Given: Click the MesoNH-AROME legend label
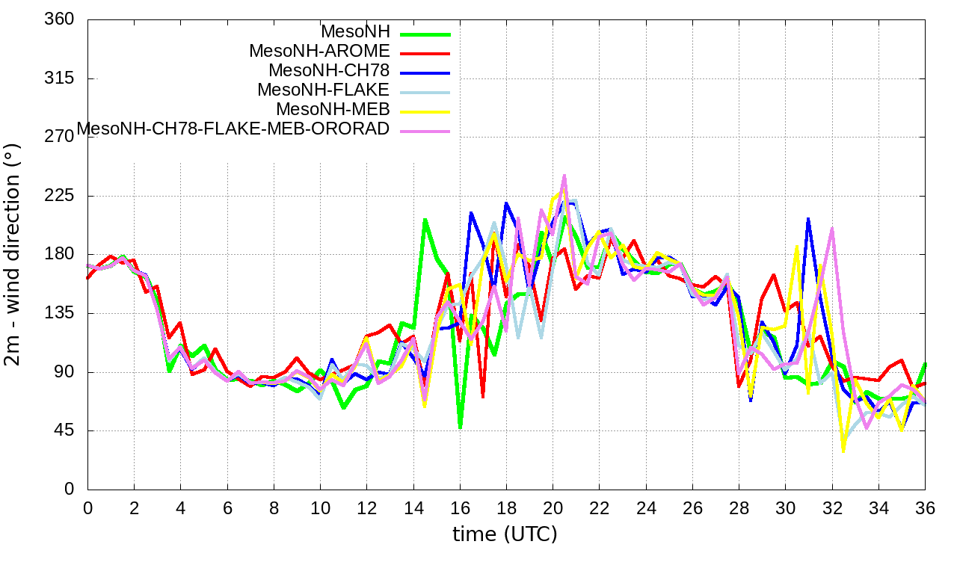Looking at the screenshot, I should (319, 52).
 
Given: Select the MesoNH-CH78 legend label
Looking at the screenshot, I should (329, 71).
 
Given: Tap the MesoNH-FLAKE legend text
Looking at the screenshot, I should (323, 90).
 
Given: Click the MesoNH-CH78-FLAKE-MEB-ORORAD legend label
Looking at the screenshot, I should (233, 129).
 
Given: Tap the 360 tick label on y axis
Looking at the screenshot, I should (60, 19).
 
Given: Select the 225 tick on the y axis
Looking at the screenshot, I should (60, 196).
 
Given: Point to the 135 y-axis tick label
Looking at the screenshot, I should (60, 313).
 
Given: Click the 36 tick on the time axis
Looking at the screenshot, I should (925, 508).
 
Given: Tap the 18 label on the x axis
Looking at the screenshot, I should (506, 508).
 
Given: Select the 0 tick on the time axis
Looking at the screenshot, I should (88, 508).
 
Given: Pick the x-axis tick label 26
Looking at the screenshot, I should (692, 508).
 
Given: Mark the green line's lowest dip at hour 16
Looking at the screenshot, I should (460, 427).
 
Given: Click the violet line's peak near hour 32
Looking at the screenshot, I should (832, 229).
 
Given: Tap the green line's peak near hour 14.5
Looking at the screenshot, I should (425, 220).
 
